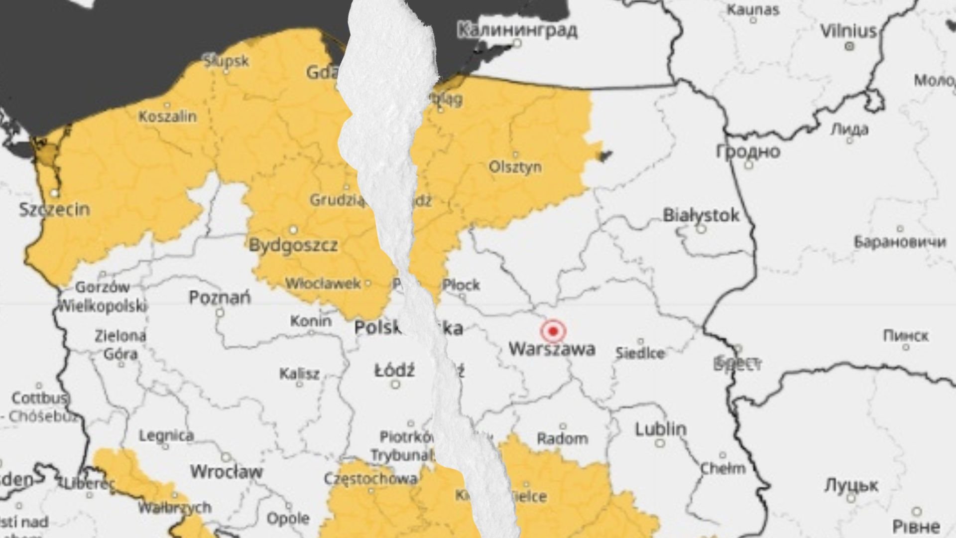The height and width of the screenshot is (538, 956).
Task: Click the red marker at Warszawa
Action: click(x=553, y=331)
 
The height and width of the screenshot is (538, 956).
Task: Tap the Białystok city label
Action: click(x=701, y=216)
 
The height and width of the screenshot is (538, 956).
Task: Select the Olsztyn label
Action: click(x=515, y=166)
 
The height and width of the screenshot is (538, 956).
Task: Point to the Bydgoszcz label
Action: click(x=293, y=245)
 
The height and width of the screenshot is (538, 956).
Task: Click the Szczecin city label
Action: click(x=55, y=209)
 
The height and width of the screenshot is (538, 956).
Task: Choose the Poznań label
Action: click(x=220, y=298)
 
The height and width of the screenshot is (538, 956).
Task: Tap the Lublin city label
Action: click(x=661, y=429)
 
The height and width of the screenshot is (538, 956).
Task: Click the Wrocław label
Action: click(x=227, y=471)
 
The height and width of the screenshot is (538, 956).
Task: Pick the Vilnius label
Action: click(x=848, y=31)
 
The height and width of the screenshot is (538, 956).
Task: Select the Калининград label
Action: click(x=517, y=30)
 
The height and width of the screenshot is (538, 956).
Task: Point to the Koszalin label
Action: click(x=167, y=117)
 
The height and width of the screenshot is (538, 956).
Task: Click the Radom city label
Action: click(x=562, y=439)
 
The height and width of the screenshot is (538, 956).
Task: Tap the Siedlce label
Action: click(x=640, y=353)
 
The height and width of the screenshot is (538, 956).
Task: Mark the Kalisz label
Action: click(x=299, y=374)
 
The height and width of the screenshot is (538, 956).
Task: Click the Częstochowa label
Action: click(x=371, y=479)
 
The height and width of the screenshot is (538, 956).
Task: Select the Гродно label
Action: click(x=748, y=151)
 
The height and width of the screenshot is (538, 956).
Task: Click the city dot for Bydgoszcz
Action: click(x=293, y=230)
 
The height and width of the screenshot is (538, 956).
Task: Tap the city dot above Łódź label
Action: click(x=395, y=385)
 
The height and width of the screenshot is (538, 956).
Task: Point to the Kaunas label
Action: click(x=753, y=9)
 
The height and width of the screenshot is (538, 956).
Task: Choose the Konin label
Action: click(x=311, y=321)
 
